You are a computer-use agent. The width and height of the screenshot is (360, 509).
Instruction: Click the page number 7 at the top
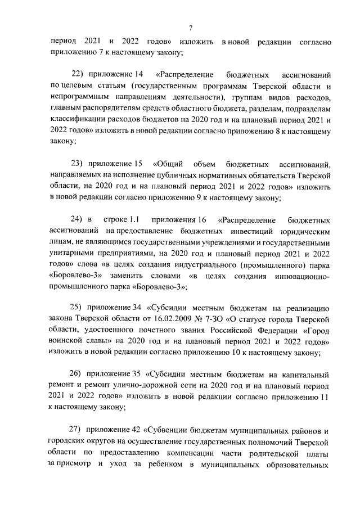tap(191, 28)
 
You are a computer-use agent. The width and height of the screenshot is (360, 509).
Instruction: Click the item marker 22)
tap(78, 74)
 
